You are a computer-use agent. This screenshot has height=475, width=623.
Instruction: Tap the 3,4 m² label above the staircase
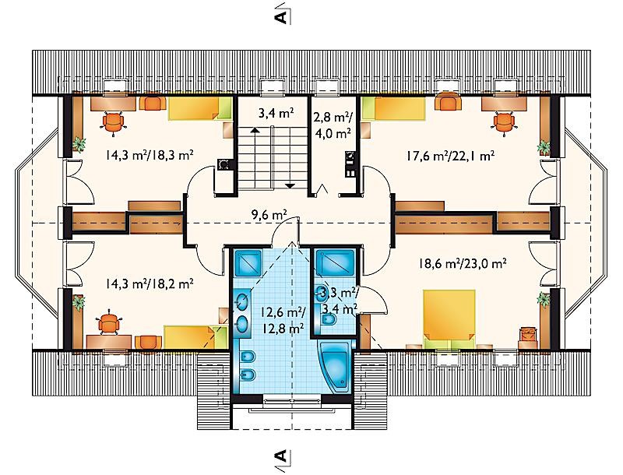(x=276, y=114)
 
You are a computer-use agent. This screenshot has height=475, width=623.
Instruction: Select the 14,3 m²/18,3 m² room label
(x=150, y=155)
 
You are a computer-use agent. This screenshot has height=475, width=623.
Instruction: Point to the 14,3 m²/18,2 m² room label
(x=150, y=283)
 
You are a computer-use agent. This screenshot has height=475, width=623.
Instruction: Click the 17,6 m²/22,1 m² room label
(x=450, y=155)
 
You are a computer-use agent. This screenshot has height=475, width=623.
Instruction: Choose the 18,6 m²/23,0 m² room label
(x=462, y=263)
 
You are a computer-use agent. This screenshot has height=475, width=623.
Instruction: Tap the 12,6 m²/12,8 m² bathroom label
(x=283, y=320)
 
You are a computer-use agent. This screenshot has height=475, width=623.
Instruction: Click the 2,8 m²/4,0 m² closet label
(x=333, y=125)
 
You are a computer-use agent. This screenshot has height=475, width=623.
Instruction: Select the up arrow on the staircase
(x=255, y=130)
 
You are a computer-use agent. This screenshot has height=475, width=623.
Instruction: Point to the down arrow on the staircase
(x=290, y=185)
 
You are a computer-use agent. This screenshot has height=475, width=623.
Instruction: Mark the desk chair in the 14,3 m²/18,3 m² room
(x=114, y=123)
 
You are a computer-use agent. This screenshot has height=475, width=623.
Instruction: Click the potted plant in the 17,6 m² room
(x=543, y=147)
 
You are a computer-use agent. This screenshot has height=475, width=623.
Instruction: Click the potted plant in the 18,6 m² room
(x=543, y=299)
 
